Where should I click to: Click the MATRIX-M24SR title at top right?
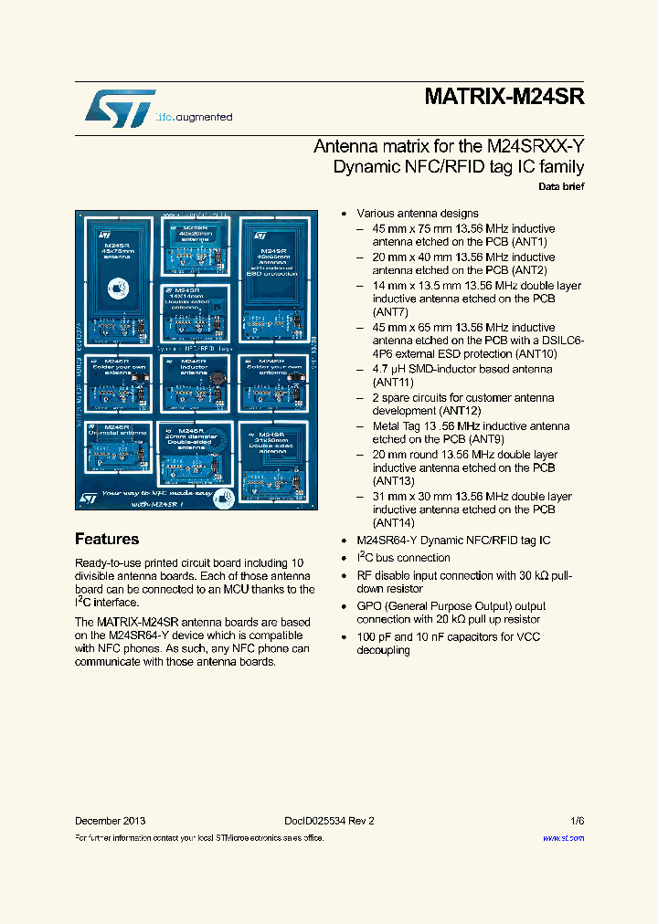coord(504,98)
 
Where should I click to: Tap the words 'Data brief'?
coord(561,186)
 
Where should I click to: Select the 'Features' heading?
coord(107,539)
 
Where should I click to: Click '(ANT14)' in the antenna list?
coord(394,523)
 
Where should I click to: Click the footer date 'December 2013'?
coord(110,821)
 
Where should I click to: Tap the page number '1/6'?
coord(577,821)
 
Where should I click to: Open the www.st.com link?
coord(563,837)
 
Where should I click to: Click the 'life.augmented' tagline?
coord(194,117)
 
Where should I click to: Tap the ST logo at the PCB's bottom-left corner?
coord(89,498)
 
